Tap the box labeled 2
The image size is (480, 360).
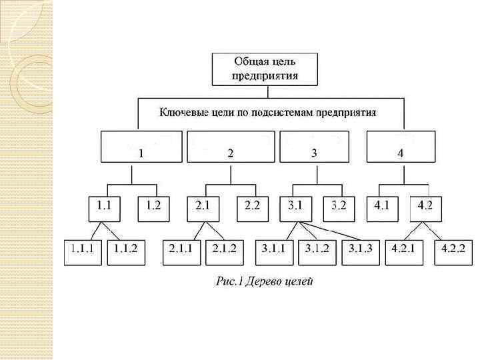pos(230,147)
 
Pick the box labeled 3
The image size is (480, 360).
pos(313,147)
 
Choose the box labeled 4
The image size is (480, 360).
pos(401,147)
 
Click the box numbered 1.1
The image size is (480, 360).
pos(105,207)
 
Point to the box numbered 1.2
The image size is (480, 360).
pos(155,207)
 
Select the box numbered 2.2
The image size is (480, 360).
pos(252,207)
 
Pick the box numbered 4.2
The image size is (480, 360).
pos(426,207)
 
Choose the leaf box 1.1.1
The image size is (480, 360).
pos(83,252)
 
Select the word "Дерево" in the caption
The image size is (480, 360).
pos(266,281)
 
